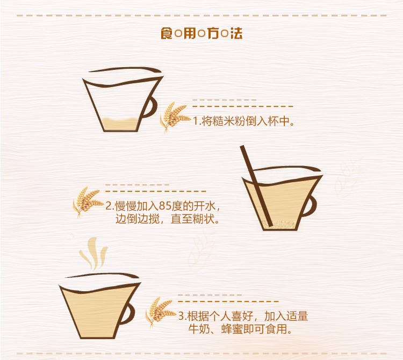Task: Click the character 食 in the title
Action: pyautogui.click(x=167, y=33)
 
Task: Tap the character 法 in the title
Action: pyautogui.click(x=236, y=33)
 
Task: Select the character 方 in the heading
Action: pyautogui.click(x=213, y=33)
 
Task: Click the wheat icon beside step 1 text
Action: pyautogui.click(x=174, y=117)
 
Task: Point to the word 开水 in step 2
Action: pyautogui.click(x=204, y=206)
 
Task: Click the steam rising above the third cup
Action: pyautogui.click(x=94, y=253)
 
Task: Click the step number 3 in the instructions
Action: pyautogui.click(x=181, y=316)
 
